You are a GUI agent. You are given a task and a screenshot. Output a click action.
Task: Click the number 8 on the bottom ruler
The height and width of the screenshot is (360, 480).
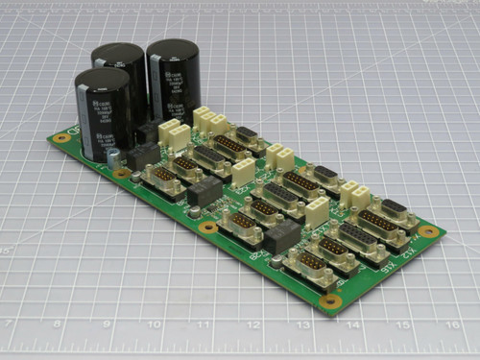57,324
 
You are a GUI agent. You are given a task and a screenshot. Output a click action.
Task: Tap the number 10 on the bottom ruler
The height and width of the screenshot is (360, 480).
155,324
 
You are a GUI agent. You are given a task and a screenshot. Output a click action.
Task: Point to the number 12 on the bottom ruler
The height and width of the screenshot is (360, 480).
253,325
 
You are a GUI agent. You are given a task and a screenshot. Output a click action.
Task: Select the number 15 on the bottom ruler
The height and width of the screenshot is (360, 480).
402,325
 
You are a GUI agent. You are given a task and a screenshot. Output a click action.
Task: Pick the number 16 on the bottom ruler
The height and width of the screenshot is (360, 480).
451,325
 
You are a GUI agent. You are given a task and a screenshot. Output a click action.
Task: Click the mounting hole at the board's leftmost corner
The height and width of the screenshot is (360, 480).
62,138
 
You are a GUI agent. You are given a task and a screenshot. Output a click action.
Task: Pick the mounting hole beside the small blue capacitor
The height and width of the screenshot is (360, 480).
122,174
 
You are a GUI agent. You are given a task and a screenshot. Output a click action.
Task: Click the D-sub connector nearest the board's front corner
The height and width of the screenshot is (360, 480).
310,268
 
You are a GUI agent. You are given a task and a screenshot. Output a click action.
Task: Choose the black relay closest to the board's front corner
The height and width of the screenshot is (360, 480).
283,237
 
